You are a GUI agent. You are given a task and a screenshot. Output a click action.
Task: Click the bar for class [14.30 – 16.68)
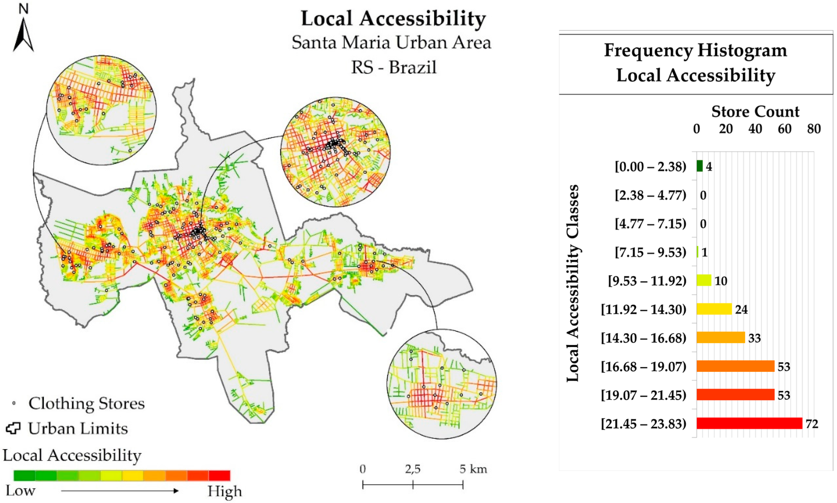coord(721,338)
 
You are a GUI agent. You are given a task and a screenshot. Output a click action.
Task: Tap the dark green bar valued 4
coord(699,166)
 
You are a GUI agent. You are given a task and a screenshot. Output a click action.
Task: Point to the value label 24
coord(741,309)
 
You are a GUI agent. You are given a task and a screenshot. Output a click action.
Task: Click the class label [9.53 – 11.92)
coord(647,281)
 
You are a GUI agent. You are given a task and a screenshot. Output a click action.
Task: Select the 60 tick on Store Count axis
coord(785,129)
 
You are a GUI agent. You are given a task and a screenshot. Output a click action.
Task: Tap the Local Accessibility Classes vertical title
coord(573,283)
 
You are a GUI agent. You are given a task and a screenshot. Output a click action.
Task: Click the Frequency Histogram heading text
coord(695,50)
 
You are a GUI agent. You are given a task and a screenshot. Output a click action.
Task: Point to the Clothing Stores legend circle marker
coord(14,403)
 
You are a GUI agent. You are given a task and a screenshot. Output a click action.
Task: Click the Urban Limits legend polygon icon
coord(13,428)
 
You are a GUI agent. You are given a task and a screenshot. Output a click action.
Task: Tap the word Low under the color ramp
coord(21,491)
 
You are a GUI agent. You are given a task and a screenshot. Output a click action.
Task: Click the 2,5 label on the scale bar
coord(413,469)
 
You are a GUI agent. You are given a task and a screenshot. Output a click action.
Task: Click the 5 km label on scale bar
coord(473,469)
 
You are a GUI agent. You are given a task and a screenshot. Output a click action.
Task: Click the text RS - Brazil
coord(394,67)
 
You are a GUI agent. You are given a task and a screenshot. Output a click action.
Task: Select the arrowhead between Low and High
coord(176,491)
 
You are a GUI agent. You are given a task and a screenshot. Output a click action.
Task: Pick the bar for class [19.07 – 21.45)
coord(735,395)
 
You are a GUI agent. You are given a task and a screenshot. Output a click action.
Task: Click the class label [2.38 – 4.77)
coord(650,195)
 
